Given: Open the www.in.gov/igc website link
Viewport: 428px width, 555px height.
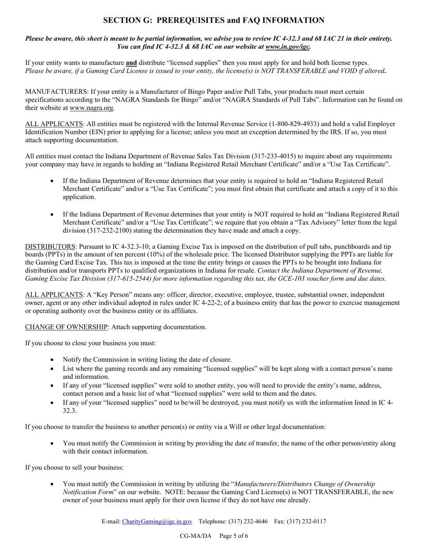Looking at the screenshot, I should click(287, 46).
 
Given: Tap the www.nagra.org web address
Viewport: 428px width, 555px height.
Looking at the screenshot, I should click(91, 108).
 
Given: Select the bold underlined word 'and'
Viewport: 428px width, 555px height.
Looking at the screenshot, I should click(131, 63).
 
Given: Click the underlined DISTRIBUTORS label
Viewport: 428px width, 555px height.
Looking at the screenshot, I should click(50, 246).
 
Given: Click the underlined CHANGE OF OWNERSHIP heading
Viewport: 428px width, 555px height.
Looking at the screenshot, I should click(66, 327).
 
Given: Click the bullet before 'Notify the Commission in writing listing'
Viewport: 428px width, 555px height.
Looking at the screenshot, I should click(52, 360).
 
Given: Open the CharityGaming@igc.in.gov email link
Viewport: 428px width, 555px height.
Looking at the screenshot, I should click(157, 521).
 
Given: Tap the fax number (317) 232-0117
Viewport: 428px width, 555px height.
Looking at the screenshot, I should click(309, 521).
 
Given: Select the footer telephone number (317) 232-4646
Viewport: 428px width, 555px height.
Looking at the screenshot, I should click(248, 521).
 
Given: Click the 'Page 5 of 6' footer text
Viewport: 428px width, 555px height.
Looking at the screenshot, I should click(234, 536).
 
